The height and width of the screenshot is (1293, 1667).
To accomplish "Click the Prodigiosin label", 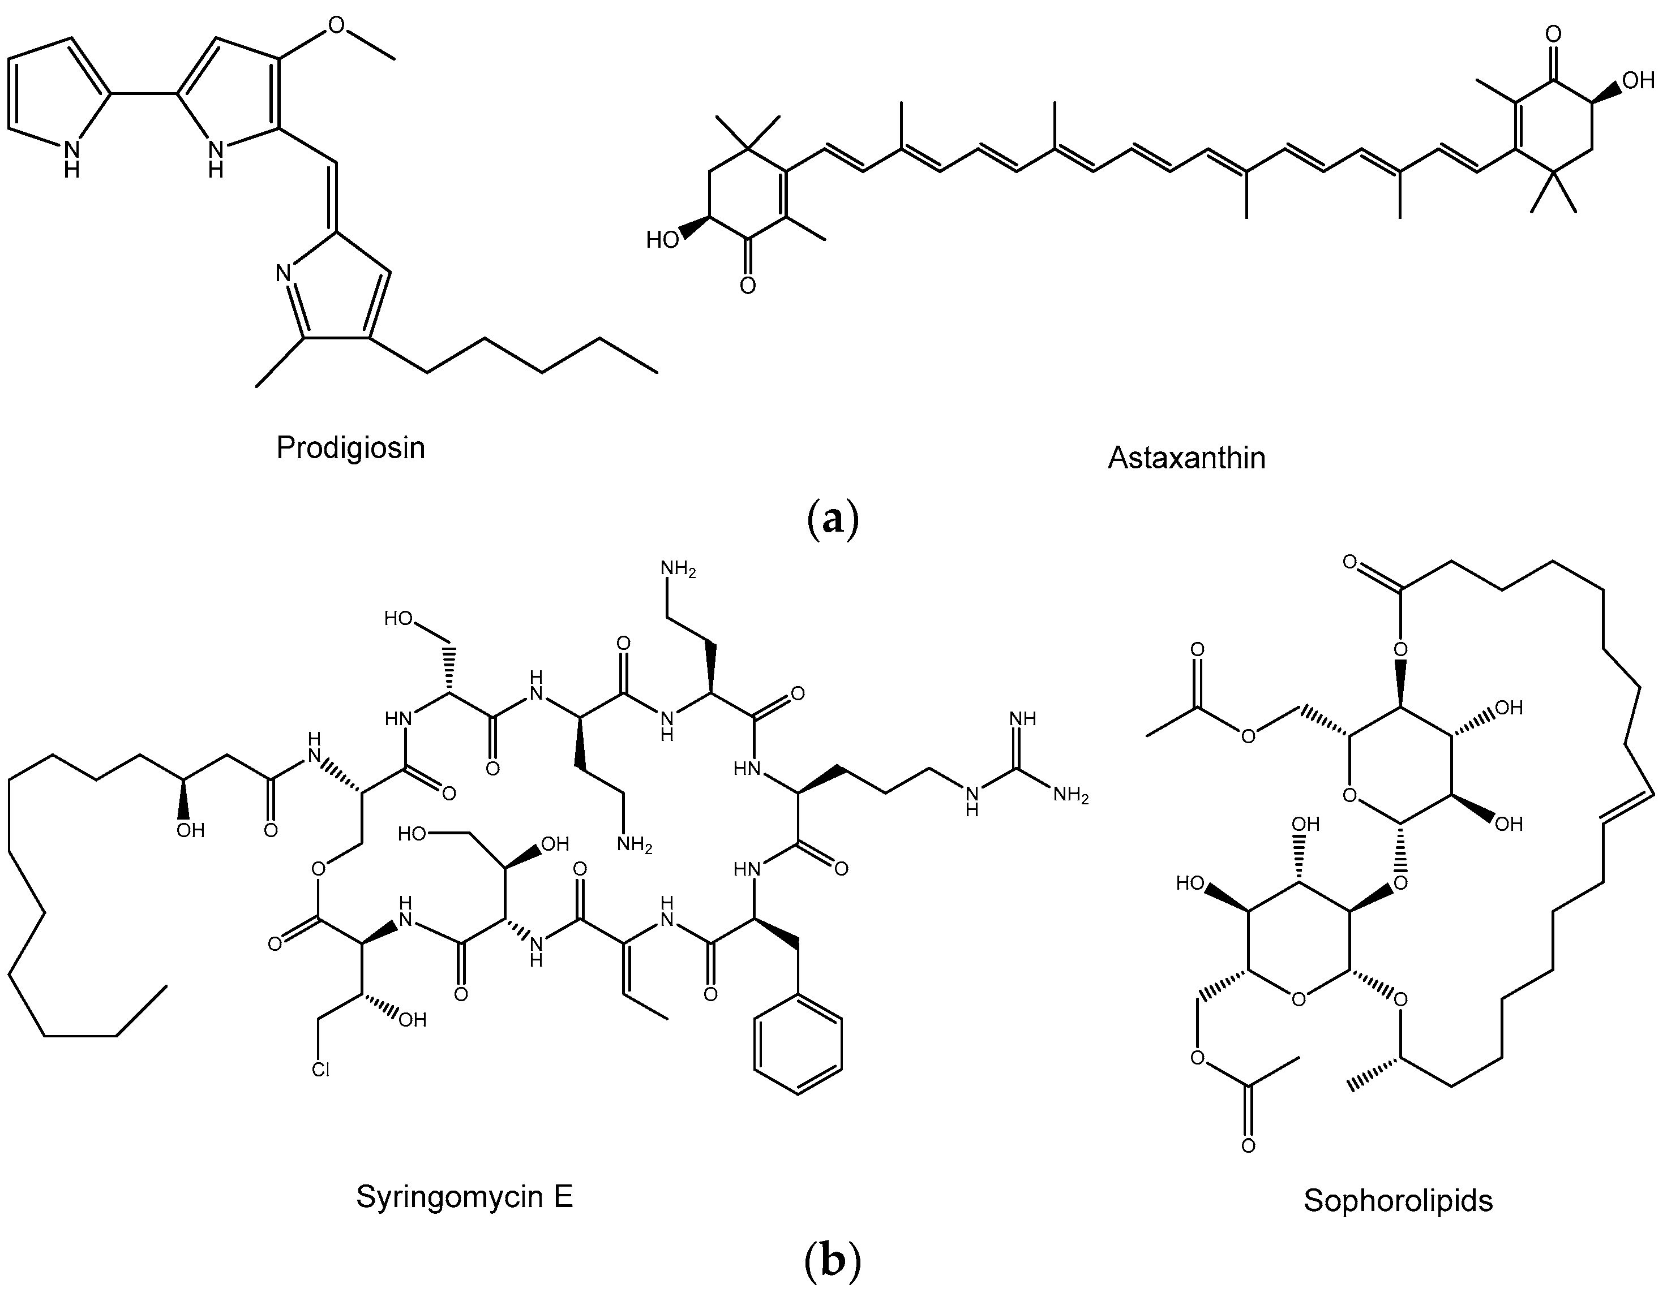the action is (x=350, y=448).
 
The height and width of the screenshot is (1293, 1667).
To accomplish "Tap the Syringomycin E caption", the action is (x=464, y=1197).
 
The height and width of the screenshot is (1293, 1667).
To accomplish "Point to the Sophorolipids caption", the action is (x=1398, y=1200).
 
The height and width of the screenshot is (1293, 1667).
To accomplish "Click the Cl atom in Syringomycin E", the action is (x=320, y=1070).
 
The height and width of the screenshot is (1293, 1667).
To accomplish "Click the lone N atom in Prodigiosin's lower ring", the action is (x=283, y=272).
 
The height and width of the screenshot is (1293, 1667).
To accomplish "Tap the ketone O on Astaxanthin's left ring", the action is (x=748, y=285).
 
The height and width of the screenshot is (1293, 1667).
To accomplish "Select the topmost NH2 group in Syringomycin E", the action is (x=678, y=569).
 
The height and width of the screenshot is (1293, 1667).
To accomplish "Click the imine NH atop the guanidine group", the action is (x=1022, y=718).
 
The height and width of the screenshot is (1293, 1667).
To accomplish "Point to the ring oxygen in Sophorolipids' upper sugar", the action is (x=1349, y=796).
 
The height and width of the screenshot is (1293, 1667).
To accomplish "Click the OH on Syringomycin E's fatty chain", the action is (x=190, y=830).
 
